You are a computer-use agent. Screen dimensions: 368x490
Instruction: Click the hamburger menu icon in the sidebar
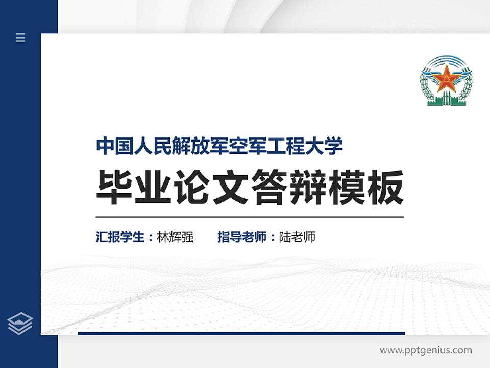coord(20,37)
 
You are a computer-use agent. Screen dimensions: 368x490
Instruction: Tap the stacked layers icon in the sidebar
coord(20,324)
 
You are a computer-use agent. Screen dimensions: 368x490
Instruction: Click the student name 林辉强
coord(176,237)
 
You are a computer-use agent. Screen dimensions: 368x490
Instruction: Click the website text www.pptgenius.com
coord(426,350)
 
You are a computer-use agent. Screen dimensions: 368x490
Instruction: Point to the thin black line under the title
coord(250,217)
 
